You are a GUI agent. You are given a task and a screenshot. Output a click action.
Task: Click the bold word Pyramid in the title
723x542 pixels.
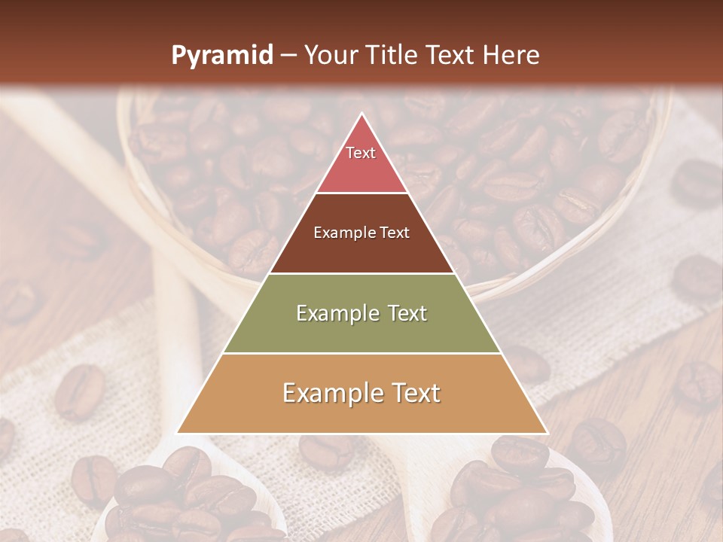(222, 55)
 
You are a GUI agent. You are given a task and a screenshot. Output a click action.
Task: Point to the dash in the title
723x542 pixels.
(288, 56)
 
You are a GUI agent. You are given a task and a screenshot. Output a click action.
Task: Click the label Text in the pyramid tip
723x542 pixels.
(361, 153)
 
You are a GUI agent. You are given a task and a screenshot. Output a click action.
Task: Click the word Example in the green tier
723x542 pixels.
(328, 313)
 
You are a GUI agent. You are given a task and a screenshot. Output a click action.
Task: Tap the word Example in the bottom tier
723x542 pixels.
(328, 393)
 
